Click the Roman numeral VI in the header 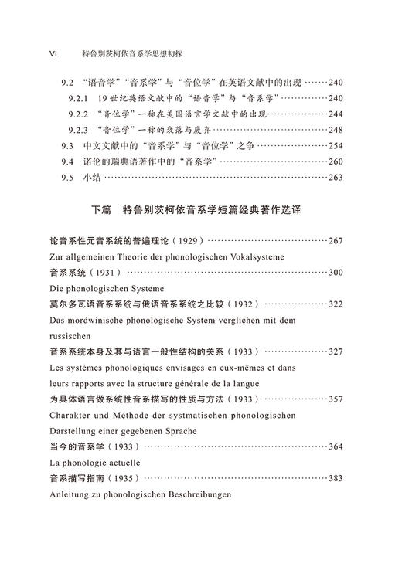click(54, 55)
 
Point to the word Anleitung click(72, 494)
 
